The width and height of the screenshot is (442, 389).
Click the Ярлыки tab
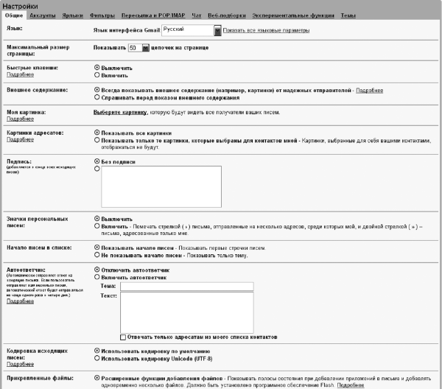72,15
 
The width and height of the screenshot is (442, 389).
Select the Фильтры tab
102,15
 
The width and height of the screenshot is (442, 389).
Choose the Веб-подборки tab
225,15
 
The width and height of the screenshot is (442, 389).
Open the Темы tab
348,15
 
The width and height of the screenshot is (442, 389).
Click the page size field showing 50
134,48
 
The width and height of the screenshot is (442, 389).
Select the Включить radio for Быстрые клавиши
97,74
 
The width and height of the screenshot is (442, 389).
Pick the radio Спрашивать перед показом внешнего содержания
97,97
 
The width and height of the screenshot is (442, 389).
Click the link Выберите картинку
120,113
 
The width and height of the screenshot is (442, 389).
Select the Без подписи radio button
97,161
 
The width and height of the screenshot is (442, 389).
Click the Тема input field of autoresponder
186,286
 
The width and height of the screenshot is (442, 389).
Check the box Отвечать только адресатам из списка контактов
123,336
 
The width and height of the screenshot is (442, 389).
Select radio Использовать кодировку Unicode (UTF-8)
97,359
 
